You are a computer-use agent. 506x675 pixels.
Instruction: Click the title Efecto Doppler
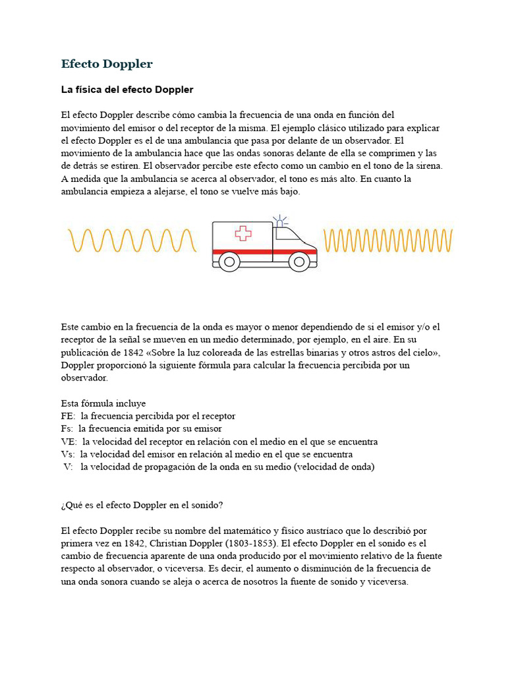pos(107,64)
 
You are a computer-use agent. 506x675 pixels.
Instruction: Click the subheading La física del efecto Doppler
pos(127,89)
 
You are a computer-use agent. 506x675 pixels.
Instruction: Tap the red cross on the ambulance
pos(243,233)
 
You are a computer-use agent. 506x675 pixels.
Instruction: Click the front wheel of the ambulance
pos(300,262)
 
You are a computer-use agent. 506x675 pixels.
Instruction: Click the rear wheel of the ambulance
pos(229,262)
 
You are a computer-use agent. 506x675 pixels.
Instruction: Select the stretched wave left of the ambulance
pos(132,241)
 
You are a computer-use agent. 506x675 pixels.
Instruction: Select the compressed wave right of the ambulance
pos(388,241)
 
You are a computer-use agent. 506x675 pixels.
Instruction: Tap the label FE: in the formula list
pos(69,416)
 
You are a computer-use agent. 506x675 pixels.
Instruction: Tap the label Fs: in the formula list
pos(67,428)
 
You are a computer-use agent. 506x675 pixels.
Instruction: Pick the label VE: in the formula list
pos(69,442)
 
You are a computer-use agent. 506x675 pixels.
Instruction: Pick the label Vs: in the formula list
pos(68,454)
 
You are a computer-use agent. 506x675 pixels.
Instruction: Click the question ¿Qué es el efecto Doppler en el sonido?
pos(142,505)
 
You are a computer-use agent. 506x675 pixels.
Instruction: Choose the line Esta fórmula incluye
pos(103,403)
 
